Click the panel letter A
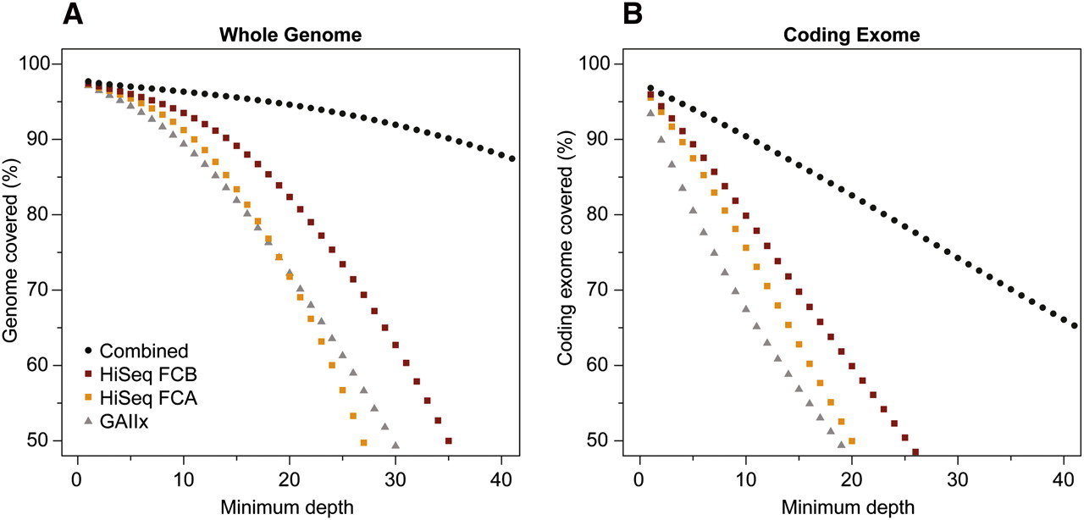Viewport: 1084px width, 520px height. [75, 14]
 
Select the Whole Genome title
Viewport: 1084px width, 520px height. [290, 36]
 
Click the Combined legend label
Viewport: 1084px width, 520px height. [143, 351]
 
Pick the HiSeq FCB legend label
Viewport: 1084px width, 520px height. [149, 374]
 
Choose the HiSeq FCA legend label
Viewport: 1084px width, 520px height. [149, 399]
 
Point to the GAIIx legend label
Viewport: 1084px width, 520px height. [124, 423]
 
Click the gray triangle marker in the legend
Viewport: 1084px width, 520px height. [88, 423]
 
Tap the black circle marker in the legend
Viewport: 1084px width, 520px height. [88, 351]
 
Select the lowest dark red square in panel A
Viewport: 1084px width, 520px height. [448, 441]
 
